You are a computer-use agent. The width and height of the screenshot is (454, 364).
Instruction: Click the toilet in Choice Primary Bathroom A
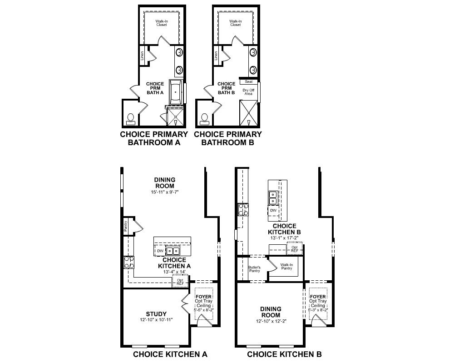[x=131, y=118]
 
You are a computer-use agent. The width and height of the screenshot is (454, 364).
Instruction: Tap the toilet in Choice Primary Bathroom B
[x=204, y=118]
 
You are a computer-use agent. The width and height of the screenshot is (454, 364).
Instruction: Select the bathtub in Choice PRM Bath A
[x=176, y=92]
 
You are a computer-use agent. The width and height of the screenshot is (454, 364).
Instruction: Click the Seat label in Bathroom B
[x=249, y=82]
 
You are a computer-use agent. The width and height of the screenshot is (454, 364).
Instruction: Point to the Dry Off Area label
[x=248, y=92]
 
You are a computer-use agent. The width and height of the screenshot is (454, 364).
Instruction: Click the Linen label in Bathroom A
[x=142, y=56]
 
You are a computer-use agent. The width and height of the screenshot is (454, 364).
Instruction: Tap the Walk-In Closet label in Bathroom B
[x=235, y=23]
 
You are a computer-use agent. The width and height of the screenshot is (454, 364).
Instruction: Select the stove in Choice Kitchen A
[x=129, y=263]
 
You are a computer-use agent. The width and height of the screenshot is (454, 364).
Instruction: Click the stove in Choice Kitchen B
[x=243, y=209]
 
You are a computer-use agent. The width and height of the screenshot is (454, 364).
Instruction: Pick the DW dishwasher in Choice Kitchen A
[x=160, y=251]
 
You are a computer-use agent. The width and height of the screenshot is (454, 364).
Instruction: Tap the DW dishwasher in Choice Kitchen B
[x=273, y=211]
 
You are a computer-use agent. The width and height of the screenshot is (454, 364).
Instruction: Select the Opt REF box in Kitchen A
[x=180, y=282]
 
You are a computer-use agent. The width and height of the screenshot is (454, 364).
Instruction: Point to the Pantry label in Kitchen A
[x=126, y=226]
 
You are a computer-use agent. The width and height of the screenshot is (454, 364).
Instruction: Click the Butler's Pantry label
[x=254, y=269]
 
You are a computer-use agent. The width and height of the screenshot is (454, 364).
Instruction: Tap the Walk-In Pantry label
[x=286, y=266]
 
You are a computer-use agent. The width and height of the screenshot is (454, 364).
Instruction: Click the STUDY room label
[x=156, y=314]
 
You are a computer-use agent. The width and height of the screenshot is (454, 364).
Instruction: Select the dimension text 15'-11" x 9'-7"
[x=165, y=192]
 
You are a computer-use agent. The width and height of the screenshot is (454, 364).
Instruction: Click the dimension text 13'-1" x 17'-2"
[x=285, y=238]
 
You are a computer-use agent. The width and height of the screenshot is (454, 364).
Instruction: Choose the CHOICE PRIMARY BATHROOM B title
[x=228, y=138]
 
